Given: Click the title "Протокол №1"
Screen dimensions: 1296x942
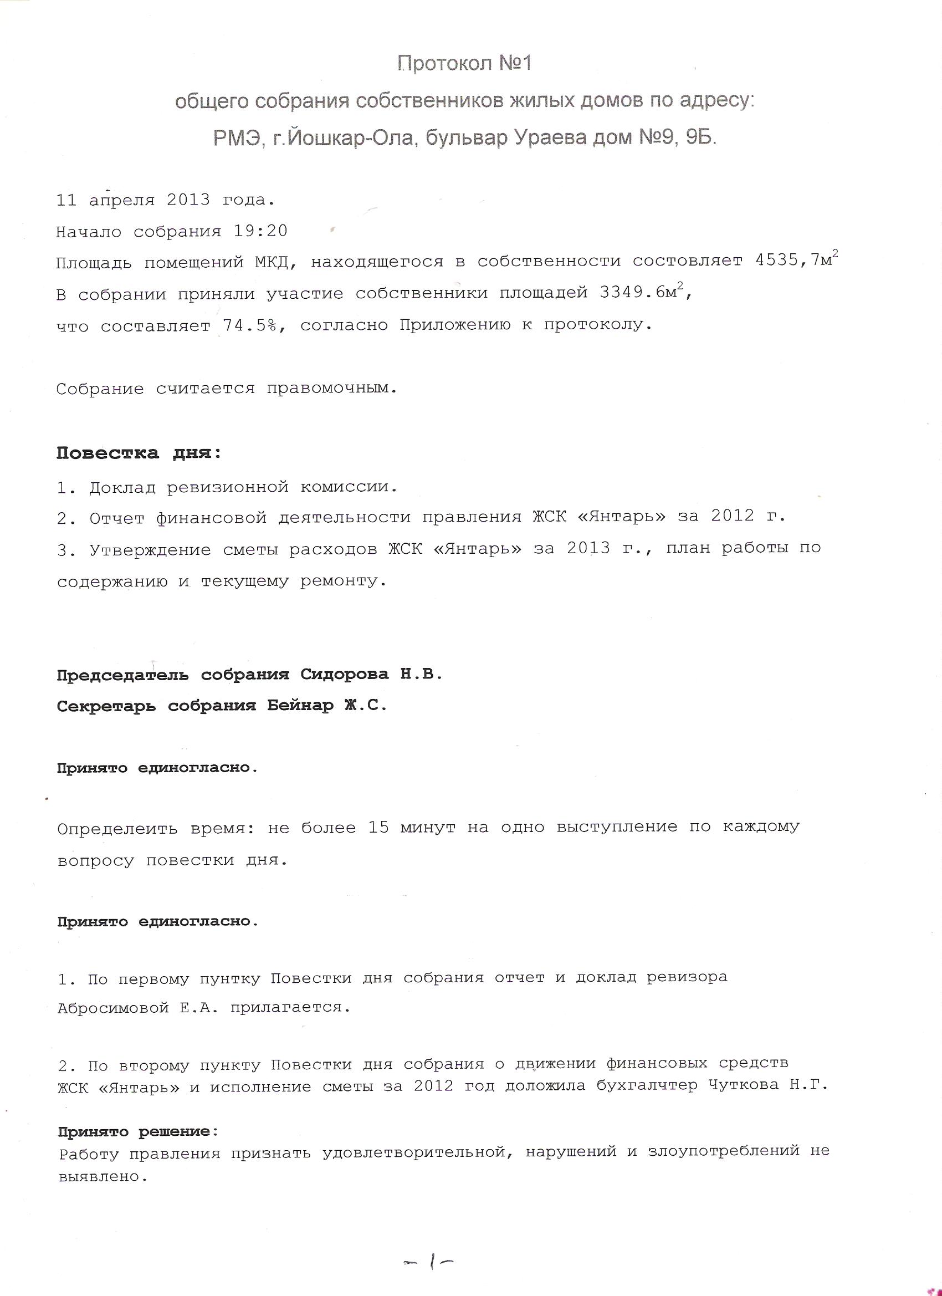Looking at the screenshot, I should [464, 63].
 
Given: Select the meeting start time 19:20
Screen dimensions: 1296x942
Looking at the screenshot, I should [260, 232].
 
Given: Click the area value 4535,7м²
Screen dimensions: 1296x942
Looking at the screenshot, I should [796, 260].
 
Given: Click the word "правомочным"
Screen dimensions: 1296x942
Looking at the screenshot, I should [331, 389].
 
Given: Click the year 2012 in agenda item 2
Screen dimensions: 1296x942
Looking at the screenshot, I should [733, 516].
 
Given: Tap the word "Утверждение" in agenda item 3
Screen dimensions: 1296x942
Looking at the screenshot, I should [150, 549].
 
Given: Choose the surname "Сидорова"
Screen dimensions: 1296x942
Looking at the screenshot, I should [345, 675].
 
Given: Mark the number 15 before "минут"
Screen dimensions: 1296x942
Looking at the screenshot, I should [378, 827].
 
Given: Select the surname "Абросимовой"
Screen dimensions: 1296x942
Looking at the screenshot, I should [113, 1007].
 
